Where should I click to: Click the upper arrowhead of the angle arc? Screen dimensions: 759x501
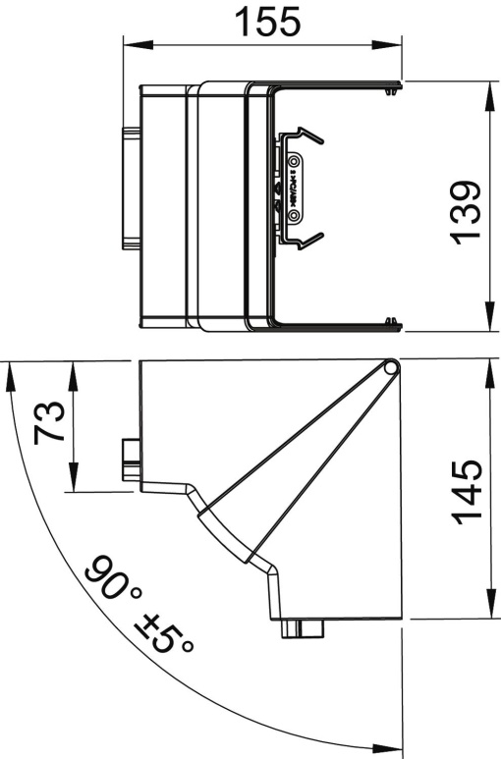(x=10, y=376)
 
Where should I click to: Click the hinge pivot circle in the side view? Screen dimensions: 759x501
(x=392, y=368)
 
